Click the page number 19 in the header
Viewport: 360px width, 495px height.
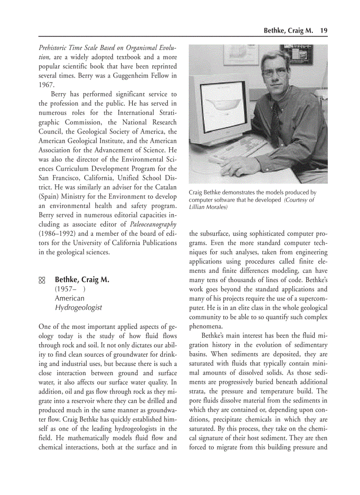pos(324,30)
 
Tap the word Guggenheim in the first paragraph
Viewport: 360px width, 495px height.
pos(135,75)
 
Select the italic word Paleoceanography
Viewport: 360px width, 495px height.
pos(153,224)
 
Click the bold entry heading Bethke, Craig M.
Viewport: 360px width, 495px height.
pos(82,280)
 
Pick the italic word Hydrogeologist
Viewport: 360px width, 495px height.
pos(78,307)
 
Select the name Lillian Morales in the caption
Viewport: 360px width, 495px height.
pos(208,207)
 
